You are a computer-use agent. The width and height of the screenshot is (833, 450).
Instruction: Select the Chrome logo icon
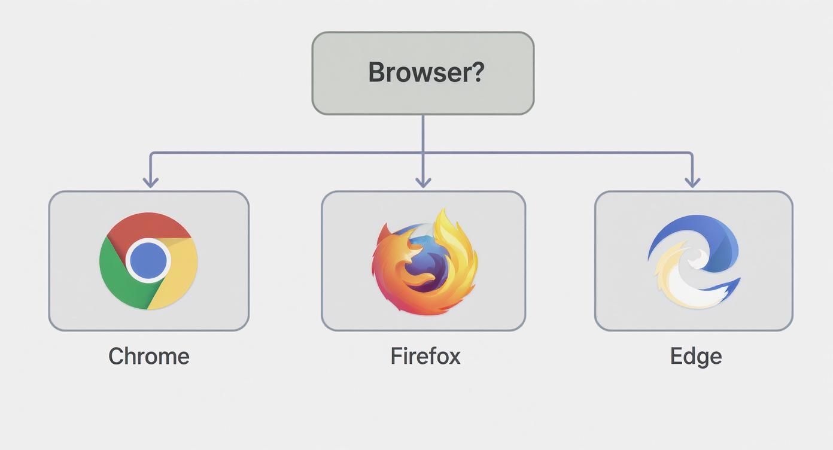click(148, 261)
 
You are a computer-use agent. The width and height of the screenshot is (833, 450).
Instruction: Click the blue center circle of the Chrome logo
click(148, 261)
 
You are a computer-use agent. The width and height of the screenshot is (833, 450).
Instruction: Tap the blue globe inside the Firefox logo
click(426, 263)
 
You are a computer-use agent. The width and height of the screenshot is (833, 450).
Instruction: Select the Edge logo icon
click(694, 261)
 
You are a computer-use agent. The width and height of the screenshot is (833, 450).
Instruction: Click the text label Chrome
click(148, 357)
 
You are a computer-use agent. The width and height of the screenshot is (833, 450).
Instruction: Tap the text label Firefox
click(425, 357)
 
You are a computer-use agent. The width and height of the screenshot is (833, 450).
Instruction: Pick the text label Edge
click(695, 357)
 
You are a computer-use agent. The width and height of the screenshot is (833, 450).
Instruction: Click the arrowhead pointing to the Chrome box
click(150, 181)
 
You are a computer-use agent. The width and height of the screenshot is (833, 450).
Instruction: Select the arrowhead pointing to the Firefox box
click(423, 181)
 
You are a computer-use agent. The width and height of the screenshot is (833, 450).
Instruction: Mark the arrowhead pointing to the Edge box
click(692, 181)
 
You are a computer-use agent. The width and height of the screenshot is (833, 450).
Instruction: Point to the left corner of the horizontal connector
click(151, 153)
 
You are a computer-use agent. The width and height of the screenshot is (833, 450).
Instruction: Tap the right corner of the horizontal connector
click(692, 153)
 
